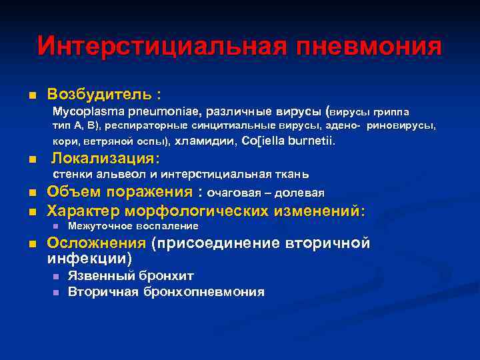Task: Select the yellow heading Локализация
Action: pos(105,158)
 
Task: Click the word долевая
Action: pos(303,193)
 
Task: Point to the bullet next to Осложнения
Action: pos(31,244)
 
